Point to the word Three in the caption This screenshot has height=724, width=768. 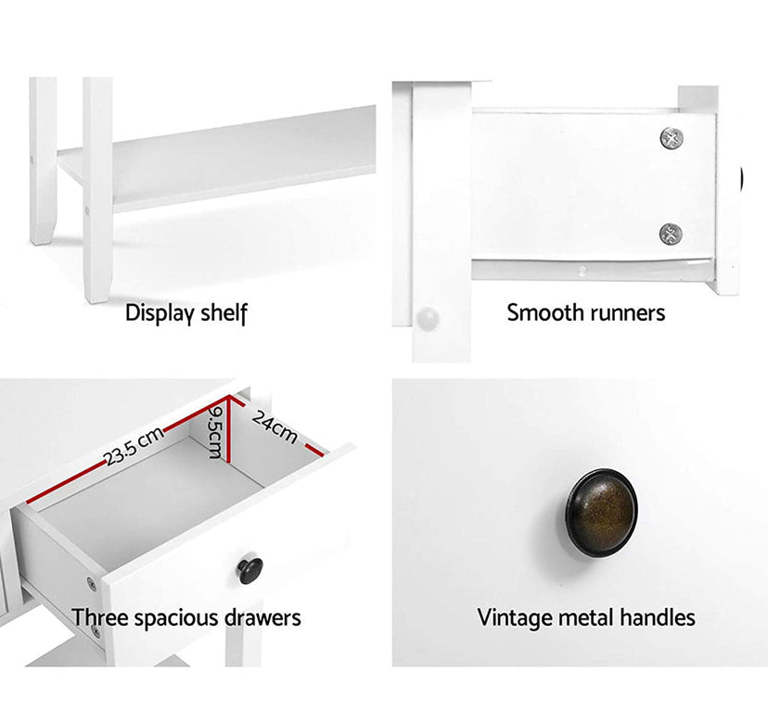coord(100,617)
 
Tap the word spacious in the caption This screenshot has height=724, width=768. coord(177,619)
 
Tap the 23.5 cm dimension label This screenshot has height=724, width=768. coord(134,446)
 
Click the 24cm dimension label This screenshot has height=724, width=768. coord(275,427)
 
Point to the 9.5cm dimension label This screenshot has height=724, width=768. coord(215,432)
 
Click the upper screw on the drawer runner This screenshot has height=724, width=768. coord(672,138)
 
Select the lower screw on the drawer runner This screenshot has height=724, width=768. coord(671,234)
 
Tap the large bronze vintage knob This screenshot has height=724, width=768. coord(602,512)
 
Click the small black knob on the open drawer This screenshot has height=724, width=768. coord(250,570)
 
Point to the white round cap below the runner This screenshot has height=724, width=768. coord(428,319)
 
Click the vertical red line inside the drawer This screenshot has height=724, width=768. coord(228,428)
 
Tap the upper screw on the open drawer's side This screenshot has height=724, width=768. coord(92,583)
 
